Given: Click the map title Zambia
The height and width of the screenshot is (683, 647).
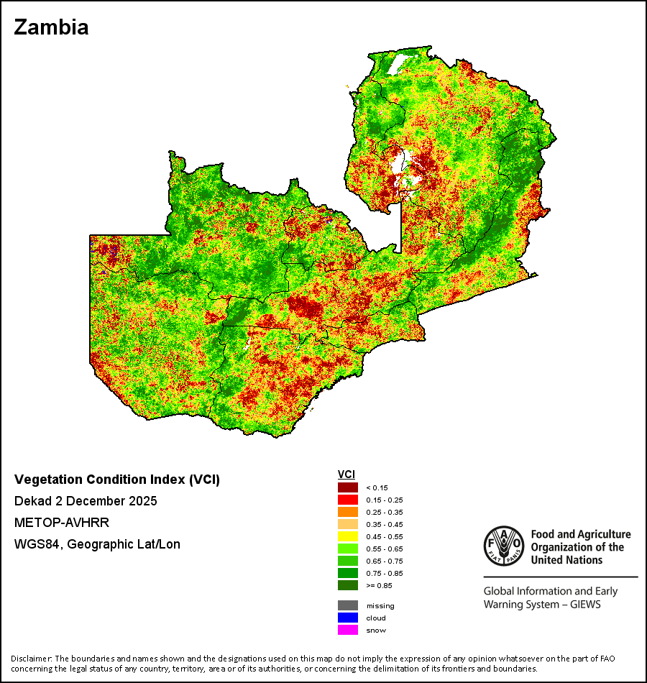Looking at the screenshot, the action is [x=52, y=27].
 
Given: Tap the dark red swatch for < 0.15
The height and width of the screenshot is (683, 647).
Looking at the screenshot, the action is [x=348, y=487].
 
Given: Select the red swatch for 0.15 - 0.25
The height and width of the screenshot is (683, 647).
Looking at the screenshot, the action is [x=348, y=500].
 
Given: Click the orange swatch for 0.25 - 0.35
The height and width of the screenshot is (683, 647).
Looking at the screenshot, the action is [x=348, y=512].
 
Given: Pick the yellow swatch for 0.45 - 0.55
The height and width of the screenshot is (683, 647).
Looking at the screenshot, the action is [x=348, y=536].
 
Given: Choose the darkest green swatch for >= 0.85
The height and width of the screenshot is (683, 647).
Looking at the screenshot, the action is [x=348, y=585].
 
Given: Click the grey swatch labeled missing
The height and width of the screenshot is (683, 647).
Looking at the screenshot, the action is [x=348, y=605].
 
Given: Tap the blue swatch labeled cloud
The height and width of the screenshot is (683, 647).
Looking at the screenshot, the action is [x=348, y=618].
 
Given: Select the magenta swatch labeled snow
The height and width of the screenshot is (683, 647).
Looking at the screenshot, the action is [x=348, y=630].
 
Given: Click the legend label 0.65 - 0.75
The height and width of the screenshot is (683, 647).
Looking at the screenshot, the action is [x=385, y=561].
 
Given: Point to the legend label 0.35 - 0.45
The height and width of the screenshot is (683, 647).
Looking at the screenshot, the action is [x=385, y=524].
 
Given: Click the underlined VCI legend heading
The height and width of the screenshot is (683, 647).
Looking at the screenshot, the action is [x=347, y=475].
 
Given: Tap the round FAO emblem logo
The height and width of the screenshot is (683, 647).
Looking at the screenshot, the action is [x=504, y=546].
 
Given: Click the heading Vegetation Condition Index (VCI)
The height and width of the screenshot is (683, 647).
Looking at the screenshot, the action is [x=117, y=480].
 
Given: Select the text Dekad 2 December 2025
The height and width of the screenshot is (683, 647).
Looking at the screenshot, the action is [x=86, y=501].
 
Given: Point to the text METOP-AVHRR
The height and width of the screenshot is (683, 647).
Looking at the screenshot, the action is [x=62, y=523].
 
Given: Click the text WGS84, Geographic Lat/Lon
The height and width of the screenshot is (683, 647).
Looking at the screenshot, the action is [x=97, y=544].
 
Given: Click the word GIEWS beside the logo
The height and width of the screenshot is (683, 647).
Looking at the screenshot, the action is [x=585, y=605].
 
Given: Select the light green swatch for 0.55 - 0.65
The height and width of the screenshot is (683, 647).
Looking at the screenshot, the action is [x=348, y=549].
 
